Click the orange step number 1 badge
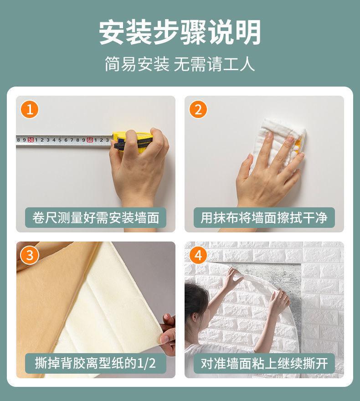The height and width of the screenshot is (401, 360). point(30,109)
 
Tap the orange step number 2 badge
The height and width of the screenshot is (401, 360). point(198,109)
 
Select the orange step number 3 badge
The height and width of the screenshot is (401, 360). point(30,255)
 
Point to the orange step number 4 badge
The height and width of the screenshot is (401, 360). point(198,255)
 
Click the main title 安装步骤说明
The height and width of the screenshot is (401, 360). point(180,32)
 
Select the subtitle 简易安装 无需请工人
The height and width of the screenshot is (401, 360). point(180,64)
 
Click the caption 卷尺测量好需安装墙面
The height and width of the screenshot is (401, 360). point(96,218)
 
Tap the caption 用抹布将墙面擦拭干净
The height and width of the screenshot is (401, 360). point(264,218)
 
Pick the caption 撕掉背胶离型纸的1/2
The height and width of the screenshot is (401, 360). point(95,363)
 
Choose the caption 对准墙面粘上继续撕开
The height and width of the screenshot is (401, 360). point(264,363)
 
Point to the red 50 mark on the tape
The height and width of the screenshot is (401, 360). point(31,140)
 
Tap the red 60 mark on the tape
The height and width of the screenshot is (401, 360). point(90,140)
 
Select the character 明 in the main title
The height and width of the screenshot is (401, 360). point(248,32)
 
